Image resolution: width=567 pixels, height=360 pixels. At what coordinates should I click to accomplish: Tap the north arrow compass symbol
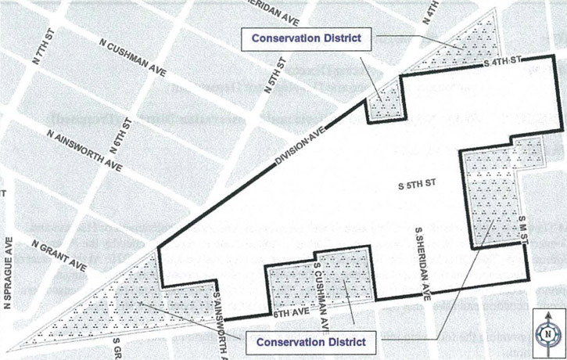coord(547,332)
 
